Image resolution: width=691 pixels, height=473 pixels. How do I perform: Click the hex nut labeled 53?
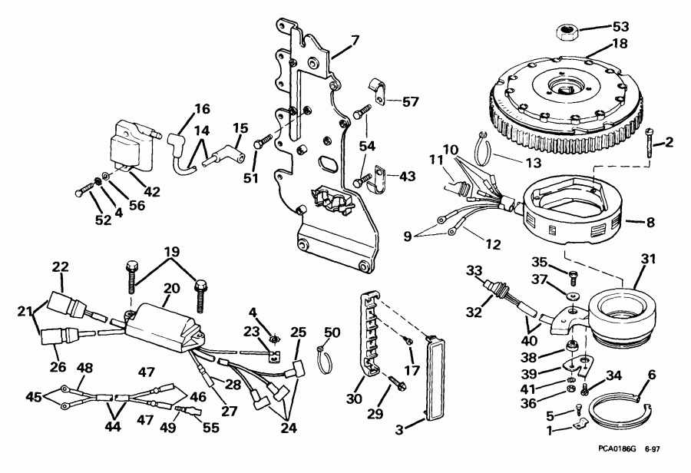click(567, 31)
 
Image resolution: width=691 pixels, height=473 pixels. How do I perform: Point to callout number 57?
click(412, 101)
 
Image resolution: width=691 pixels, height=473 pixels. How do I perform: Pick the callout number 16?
click(180, 108)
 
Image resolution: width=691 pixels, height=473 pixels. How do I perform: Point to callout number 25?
click(299, 332)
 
